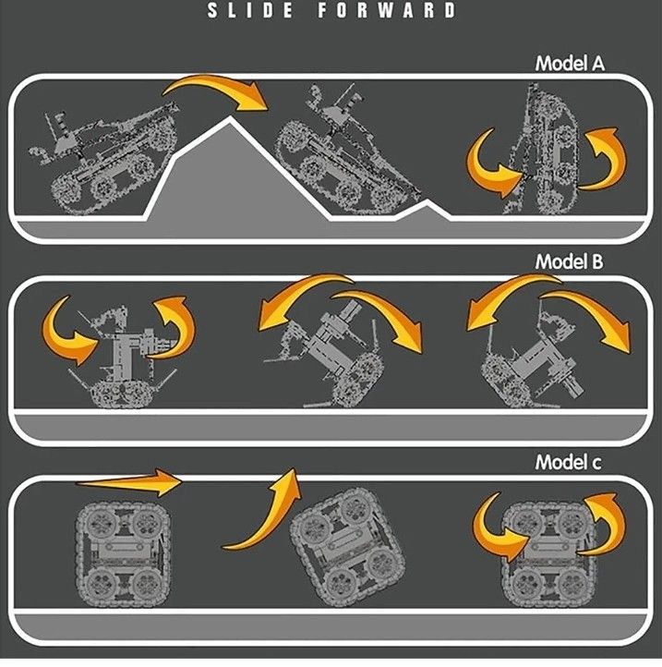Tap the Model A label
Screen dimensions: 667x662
click(x=569, y=65)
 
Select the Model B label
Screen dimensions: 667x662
click(x=569, y=262)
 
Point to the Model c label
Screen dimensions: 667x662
click(x=569, y=460)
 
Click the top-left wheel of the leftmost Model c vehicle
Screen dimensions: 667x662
click(x=96, y=520)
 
